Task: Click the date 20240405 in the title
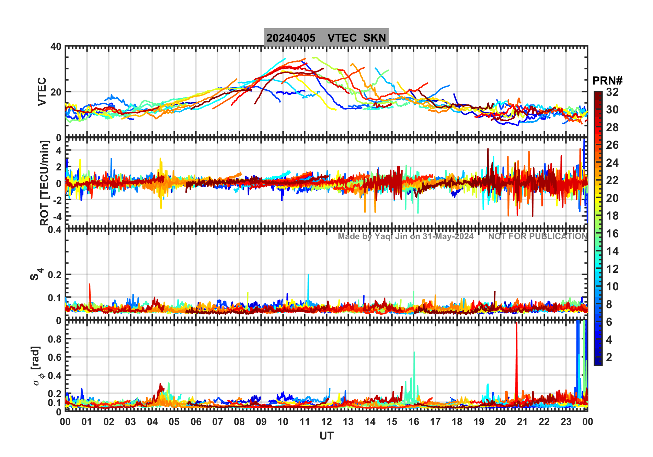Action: (291, 38)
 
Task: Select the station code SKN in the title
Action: (375, 38)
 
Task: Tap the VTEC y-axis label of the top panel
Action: (42, 91)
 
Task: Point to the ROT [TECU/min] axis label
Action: (45, 183)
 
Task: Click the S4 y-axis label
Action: (36, 274)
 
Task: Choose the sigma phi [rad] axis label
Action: (38, 366)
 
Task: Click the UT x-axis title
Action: (326, 436)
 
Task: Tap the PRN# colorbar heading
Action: (607, 81)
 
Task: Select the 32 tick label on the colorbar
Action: (612, 92)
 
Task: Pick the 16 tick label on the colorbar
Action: (612, 234)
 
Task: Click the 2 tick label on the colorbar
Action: (609, 357)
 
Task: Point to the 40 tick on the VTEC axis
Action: (56, 47)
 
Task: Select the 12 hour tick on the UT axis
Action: (326, 422)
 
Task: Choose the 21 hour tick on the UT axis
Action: (522, 422)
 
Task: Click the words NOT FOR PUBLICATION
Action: (538, 236)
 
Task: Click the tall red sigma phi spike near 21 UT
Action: (516, 357)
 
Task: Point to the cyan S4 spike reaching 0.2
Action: (308, 285)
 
